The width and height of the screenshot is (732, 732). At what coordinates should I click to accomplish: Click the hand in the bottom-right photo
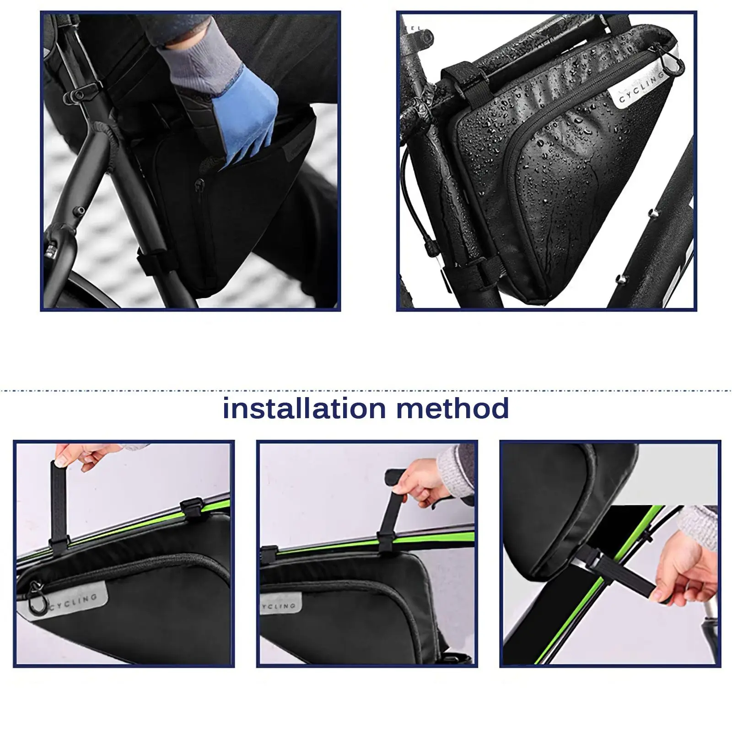point(684,572)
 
